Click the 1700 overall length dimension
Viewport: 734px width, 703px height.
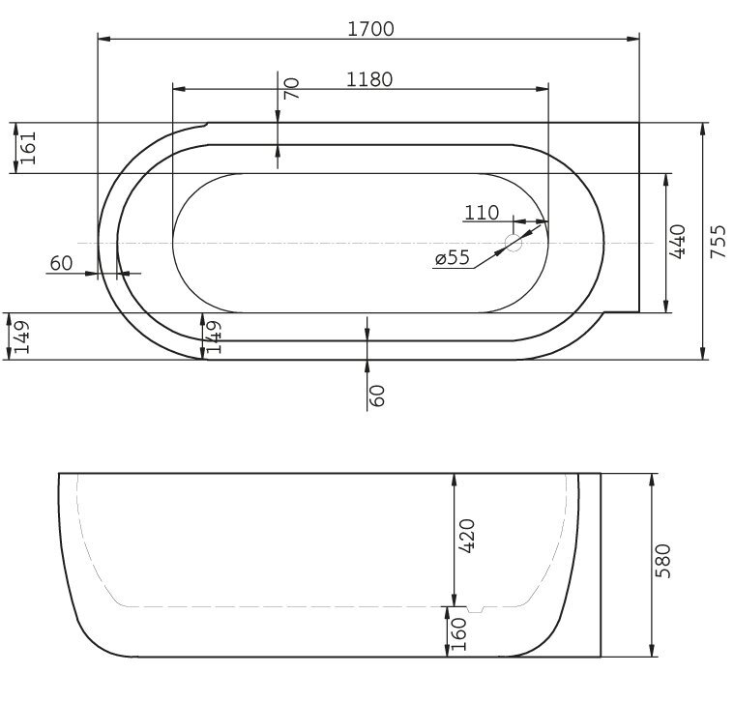[370, 29]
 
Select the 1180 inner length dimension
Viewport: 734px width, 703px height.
[369, 79]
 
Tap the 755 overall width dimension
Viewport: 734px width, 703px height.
[719, 242]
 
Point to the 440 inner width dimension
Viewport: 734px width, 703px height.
[678, 242]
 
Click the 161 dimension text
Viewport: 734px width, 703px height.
[28, 148]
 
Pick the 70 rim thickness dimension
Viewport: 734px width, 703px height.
[291, 88]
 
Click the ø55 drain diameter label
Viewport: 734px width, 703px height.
[453, 257]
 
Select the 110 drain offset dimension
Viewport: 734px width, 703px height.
[482, 213]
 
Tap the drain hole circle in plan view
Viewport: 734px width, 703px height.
[513, 243]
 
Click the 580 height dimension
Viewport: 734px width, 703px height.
[662, 561]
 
